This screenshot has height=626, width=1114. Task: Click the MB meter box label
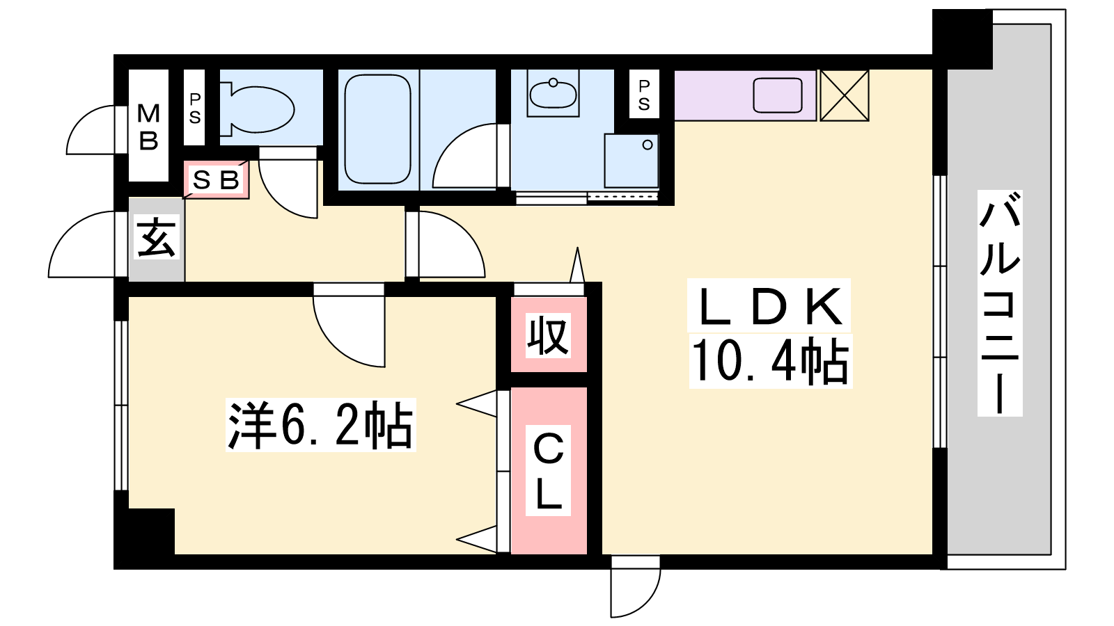148,126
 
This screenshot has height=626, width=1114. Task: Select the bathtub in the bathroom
377,129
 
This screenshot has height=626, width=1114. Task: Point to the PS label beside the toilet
195,109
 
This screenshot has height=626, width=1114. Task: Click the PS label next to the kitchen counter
644,95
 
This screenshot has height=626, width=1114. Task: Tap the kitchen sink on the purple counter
778,95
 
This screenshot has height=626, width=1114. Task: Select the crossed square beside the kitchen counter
845,95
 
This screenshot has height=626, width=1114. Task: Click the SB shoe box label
216,180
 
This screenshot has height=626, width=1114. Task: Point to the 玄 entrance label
156,237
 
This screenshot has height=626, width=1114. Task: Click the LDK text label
769,306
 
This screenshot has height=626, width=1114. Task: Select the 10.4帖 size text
770,361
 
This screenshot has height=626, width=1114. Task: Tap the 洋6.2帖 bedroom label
320,425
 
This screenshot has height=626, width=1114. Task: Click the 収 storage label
548,336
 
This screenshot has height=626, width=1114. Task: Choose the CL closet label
548,471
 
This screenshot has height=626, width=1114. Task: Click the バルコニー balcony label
1000,303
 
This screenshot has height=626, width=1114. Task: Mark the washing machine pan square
631,160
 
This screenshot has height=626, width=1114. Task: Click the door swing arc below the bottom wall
635,588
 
